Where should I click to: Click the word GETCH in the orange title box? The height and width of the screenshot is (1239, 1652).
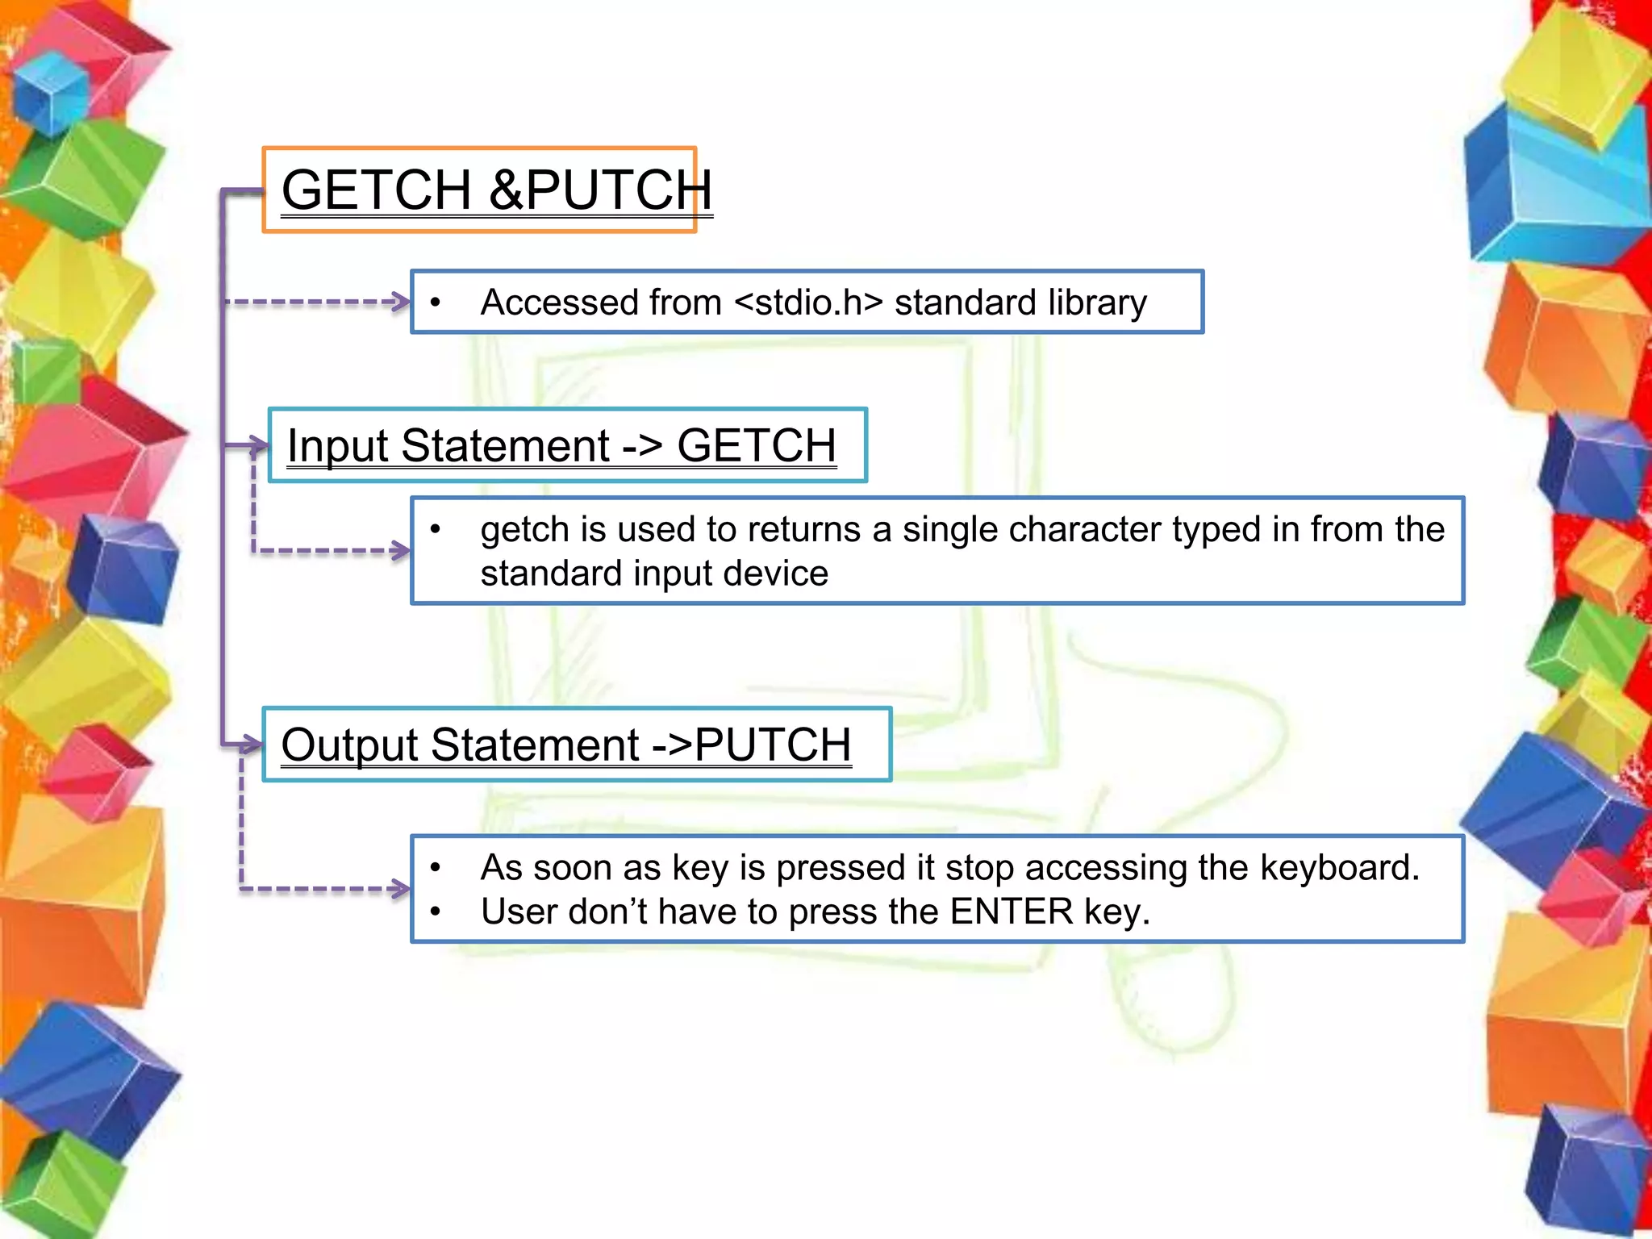coord(376,191)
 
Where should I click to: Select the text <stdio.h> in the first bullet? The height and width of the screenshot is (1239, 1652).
coord(808,303)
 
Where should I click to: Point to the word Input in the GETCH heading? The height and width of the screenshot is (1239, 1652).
coord(339,446)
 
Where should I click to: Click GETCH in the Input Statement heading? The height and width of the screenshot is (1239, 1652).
coord(756,446)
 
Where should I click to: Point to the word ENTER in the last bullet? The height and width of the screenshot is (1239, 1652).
coord(1012,912)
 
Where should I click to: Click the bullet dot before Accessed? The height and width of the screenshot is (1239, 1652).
coord(436,303)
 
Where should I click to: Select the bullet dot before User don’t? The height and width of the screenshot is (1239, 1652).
coord(436,912)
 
